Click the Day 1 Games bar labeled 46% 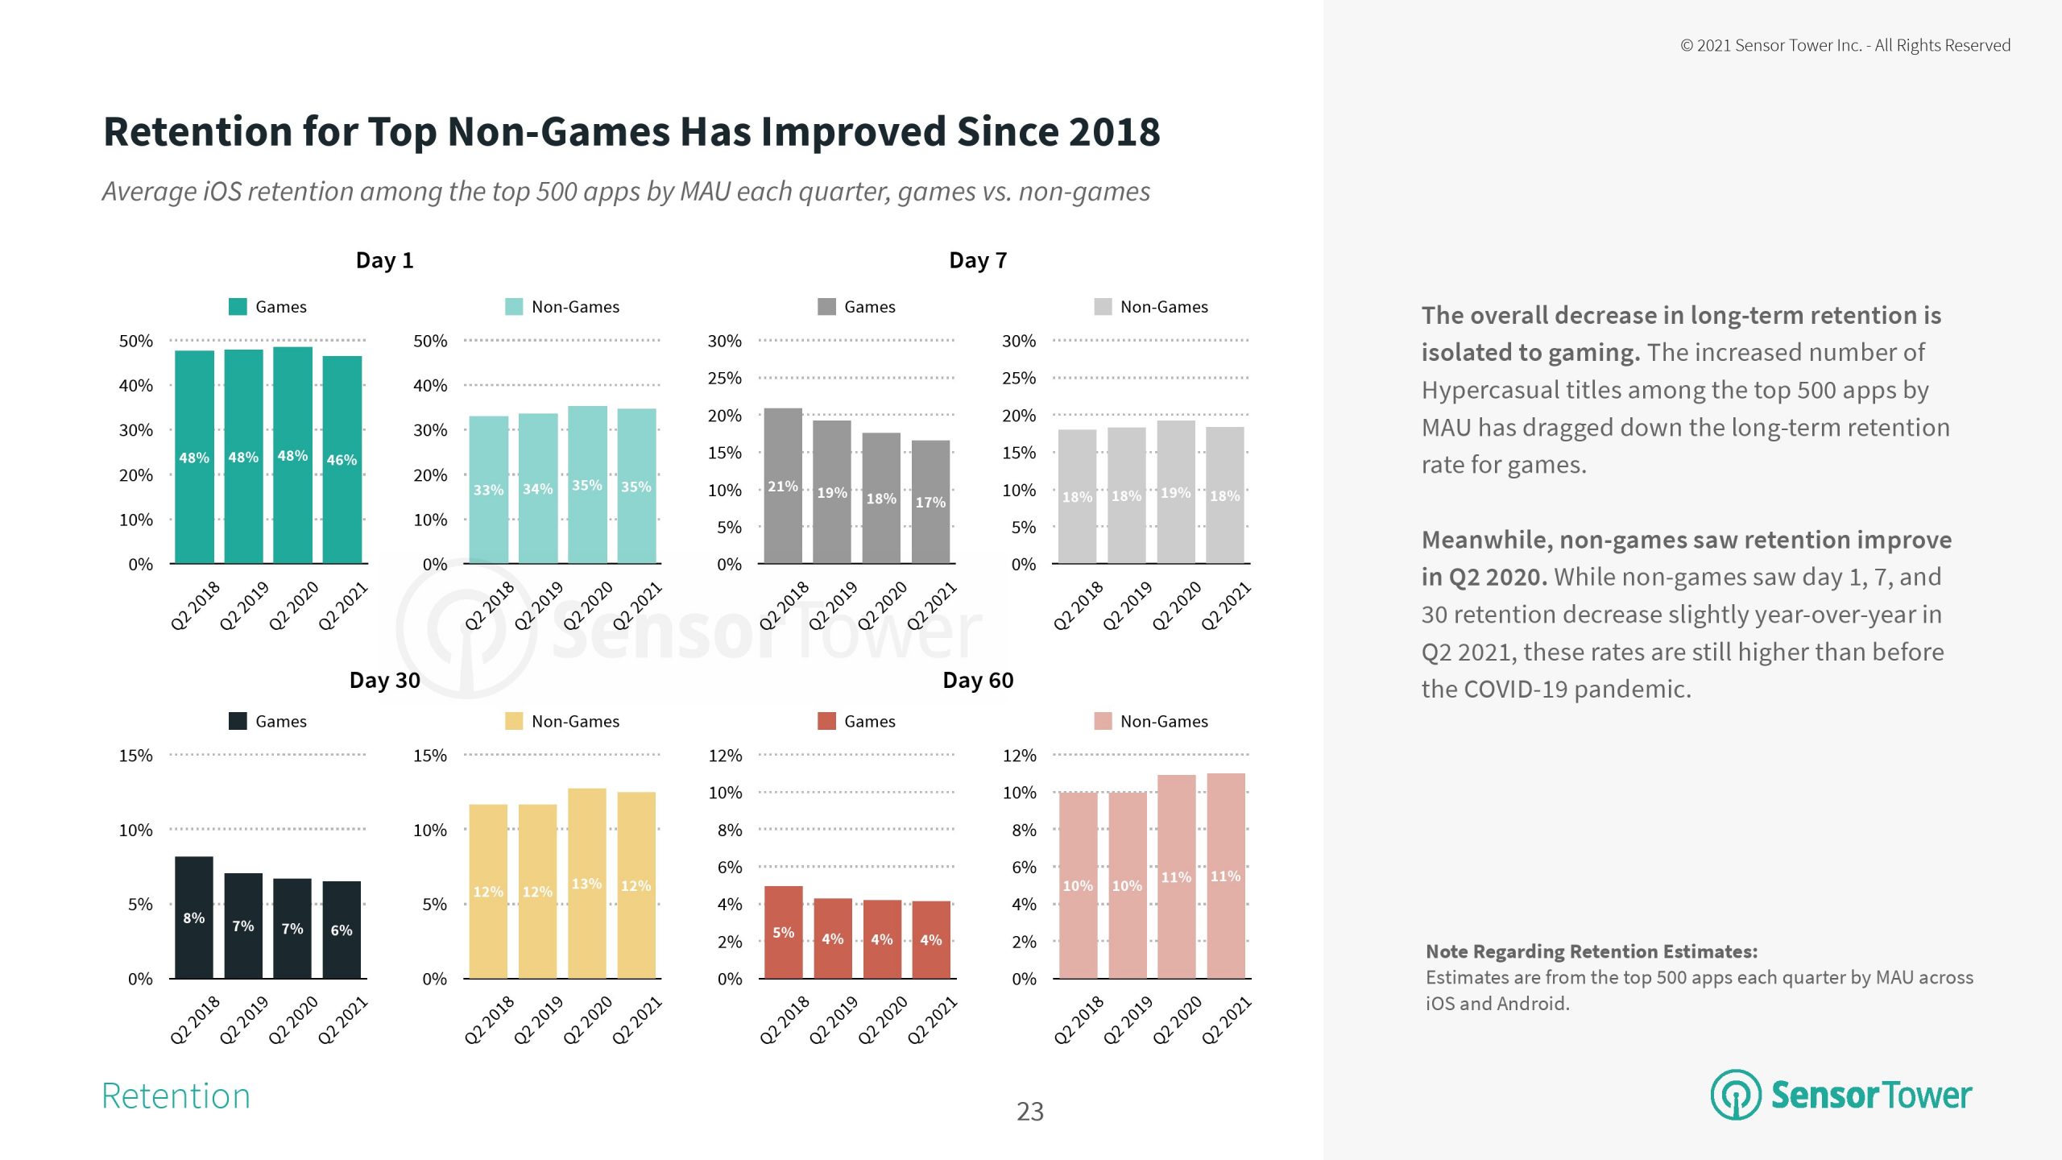[342, 459]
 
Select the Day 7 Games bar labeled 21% [782, 486]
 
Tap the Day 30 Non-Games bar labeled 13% [586, 883]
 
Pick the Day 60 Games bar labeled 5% [783, 932]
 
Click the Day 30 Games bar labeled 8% [193, 918]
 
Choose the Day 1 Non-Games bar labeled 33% [488, 490]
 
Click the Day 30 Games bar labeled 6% [342, 930]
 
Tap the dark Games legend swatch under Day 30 [238, 721]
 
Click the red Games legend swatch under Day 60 [826, 721]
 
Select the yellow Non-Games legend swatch [513, 721]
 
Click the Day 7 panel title [978, 260]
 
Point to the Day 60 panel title [978, 681]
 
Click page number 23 [1030, 1112]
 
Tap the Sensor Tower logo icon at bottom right [1736, 1095]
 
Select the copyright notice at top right [1845, 46]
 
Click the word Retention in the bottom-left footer [176, 1096]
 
